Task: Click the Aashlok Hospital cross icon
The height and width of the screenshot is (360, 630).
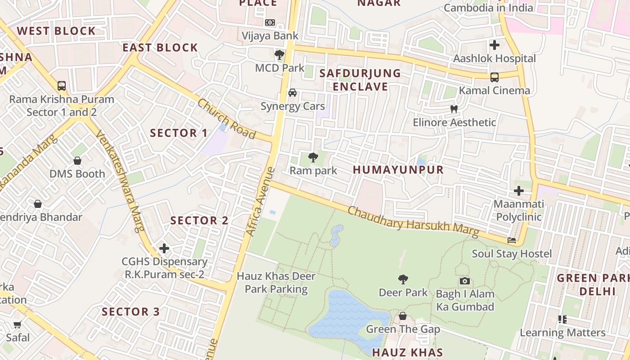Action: [x=495, y=45]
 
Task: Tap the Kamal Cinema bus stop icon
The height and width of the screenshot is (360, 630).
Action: [x=495, y=77]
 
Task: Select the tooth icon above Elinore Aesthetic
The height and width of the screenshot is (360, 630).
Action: [x=454, y=109]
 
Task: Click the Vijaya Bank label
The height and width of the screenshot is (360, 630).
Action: [x=270, y=36]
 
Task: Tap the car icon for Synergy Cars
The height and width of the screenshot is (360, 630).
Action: [x=292, y=93]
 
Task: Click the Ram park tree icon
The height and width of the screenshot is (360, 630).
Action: [x=313, y=157]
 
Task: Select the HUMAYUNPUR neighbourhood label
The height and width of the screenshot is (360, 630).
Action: [x=398, y=170]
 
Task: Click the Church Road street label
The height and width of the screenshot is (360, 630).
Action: [x=226, y=119]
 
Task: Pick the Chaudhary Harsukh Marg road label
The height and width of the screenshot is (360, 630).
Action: [x=413, y=221]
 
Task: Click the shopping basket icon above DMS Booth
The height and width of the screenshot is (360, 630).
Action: [x=77, y=161]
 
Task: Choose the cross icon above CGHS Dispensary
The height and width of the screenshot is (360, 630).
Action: [x=164, y=248]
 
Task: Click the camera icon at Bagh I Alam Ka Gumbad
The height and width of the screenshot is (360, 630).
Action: [x=465, y=281]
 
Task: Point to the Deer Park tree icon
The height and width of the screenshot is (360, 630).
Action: [x=403, y=279]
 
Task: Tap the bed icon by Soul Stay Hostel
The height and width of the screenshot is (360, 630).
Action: [x=512, y=240]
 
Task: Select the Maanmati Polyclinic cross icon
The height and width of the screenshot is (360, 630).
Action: [x=519, y=191]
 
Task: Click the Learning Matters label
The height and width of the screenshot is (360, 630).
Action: [x=562, y=333]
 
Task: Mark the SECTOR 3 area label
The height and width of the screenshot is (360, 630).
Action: [x=130, y=312]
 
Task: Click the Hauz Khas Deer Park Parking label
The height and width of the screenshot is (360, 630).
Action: [x=276, y=283]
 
